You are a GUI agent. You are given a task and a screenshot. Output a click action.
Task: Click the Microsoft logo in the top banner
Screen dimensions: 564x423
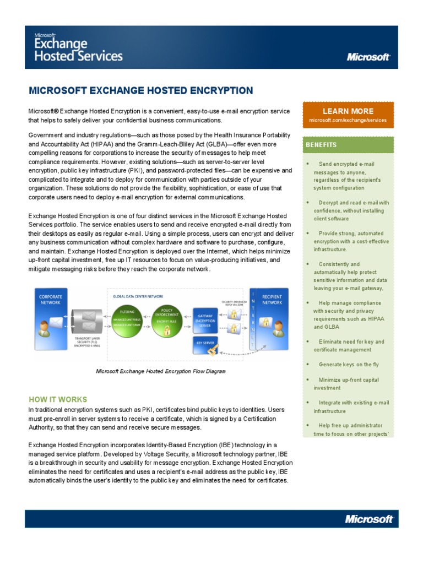[x=368, y=56]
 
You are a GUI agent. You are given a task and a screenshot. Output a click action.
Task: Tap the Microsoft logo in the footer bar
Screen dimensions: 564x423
[x=368, y=518]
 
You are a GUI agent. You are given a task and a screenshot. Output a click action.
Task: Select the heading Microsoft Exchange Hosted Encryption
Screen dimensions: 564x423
[x=140, y=91]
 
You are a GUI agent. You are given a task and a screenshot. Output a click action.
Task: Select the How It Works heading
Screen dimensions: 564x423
[x=57, y=399]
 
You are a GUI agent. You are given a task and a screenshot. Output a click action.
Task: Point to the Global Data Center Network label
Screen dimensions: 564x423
[x=134, y=296]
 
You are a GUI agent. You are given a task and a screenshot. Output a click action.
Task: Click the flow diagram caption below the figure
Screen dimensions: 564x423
[x=161, y=371]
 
